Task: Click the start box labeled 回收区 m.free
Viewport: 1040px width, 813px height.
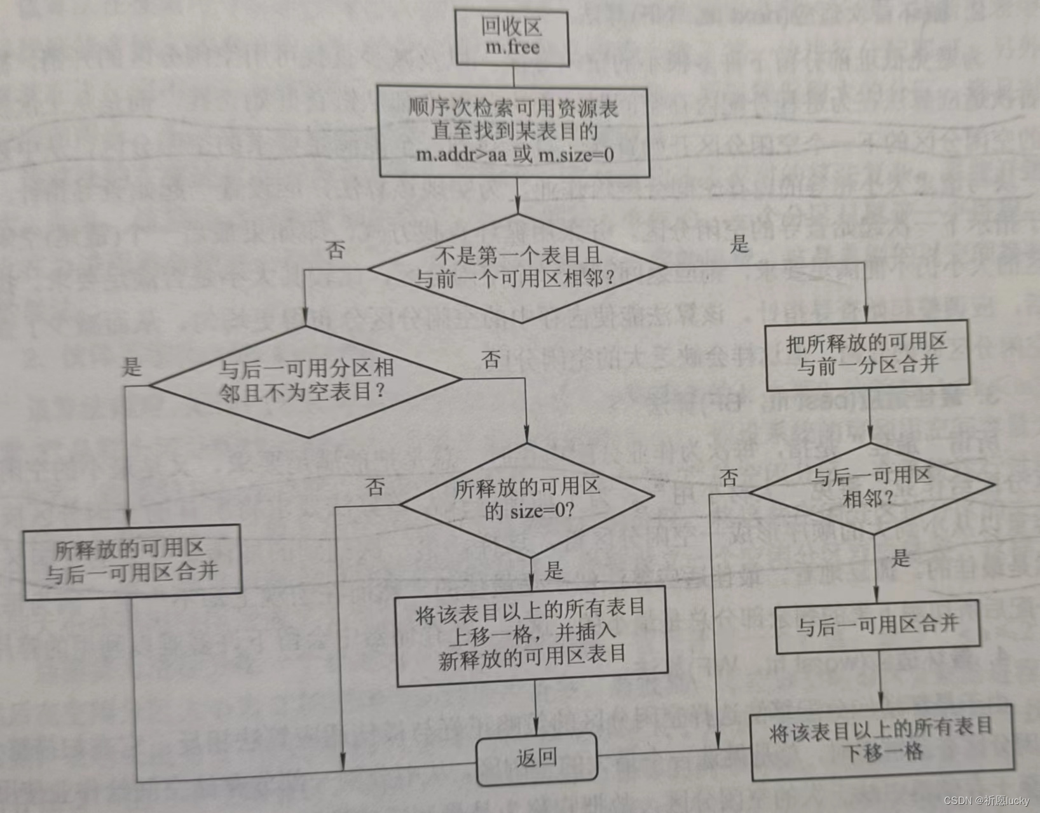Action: [512, 37]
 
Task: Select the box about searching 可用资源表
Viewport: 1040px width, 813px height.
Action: [514, 132]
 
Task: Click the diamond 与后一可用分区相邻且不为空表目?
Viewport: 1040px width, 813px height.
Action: [305, 381]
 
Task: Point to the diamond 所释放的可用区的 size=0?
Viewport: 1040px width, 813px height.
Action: [528, 500]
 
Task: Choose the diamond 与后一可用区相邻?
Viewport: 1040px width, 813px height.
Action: [871, 487]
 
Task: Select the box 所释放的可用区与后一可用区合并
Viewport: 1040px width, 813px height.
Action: [132, 562]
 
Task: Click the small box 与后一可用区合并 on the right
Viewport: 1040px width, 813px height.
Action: [878, 628]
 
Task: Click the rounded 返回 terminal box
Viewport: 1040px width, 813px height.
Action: [537, 758]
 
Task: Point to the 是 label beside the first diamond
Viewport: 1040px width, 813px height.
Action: [739, 243]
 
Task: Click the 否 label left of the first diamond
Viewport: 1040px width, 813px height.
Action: [335, 250]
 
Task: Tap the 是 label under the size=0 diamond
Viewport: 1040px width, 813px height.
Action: [554, 570]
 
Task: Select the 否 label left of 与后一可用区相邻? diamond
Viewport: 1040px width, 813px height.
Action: [730, 476]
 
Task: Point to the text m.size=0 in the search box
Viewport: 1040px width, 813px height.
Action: [577, 154]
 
